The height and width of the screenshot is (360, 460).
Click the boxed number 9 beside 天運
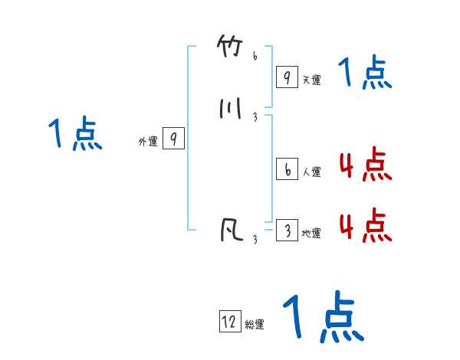click(x=286, y=77)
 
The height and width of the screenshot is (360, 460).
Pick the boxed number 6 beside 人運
click(x=286, y=170)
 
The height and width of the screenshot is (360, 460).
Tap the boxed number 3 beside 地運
click(x=286, y=231)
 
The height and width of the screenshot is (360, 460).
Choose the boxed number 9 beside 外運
click(x=174, y=139)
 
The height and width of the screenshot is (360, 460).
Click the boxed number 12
click(x=229, y=322)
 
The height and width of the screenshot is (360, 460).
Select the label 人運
click(x=311, y=172)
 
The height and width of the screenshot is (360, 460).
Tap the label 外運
click(x=147, y=142)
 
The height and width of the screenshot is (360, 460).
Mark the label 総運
click(x=255, y=325)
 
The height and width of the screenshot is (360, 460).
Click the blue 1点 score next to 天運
click(x=365, y=74)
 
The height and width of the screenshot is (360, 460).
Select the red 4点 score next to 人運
click(x=365, y=165)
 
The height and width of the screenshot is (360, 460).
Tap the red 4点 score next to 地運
click(x=365, y=226)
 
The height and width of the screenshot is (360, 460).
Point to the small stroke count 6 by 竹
click(x=255, y=56)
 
